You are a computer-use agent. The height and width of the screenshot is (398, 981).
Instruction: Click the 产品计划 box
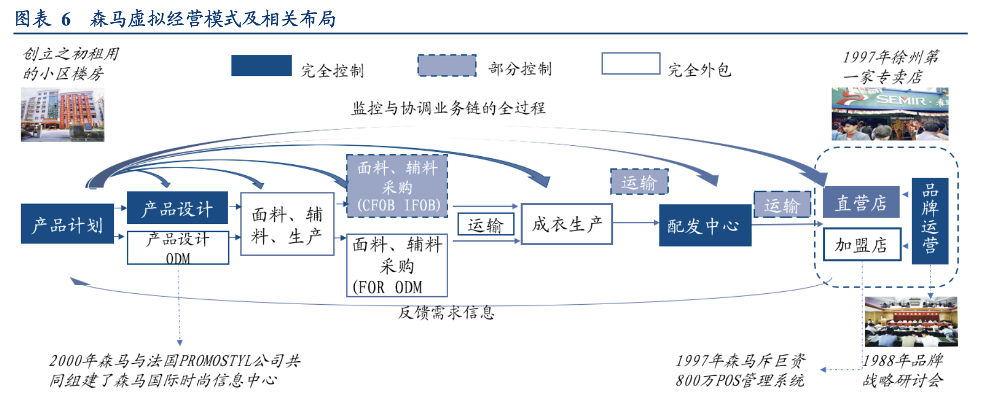tap(67, 223)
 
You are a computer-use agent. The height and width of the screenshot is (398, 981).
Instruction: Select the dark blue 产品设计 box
tap(177, 208)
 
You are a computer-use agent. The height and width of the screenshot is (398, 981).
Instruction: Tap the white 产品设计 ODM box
tap(178, 248)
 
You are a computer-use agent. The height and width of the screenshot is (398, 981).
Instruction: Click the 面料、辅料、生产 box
tap(287, 224)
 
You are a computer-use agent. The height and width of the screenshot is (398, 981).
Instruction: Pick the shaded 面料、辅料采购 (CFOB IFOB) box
tap(397, 186)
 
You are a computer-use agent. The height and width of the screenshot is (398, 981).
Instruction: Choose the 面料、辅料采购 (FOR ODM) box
tap(397, 265)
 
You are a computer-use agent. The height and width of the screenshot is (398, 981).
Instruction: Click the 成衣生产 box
tap(566, 224)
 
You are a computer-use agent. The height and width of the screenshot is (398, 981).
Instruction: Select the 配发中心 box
tap(705, 225)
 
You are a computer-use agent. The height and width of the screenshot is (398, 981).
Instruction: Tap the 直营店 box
tap(861, 202)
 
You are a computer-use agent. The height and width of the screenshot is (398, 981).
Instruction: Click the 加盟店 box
tap(861, 245)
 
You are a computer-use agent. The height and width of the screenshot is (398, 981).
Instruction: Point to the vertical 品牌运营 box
tap(930, 221)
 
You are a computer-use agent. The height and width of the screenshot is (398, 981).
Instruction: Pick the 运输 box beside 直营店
tap(782, 204)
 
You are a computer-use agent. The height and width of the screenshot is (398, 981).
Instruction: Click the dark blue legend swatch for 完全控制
tap(261, 66)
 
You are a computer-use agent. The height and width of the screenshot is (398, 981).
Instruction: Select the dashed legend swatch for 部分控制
tap(447, 66)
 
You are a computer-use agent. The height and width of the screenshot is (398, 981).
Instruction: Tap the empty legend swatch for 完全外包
tap(630, 64)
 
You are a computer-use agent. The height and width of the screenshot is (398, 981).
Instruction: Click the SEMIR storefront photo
tap(889, 114)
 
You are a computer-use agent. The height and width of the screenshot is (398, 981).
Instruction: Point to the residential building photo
tap(62, 115)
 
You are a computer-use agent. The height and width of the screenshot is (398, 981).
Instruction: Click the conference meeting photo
tap(911, 322)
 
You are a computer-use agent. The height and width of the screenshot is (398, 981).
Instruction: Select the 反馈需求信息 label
tap(446, 312)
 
